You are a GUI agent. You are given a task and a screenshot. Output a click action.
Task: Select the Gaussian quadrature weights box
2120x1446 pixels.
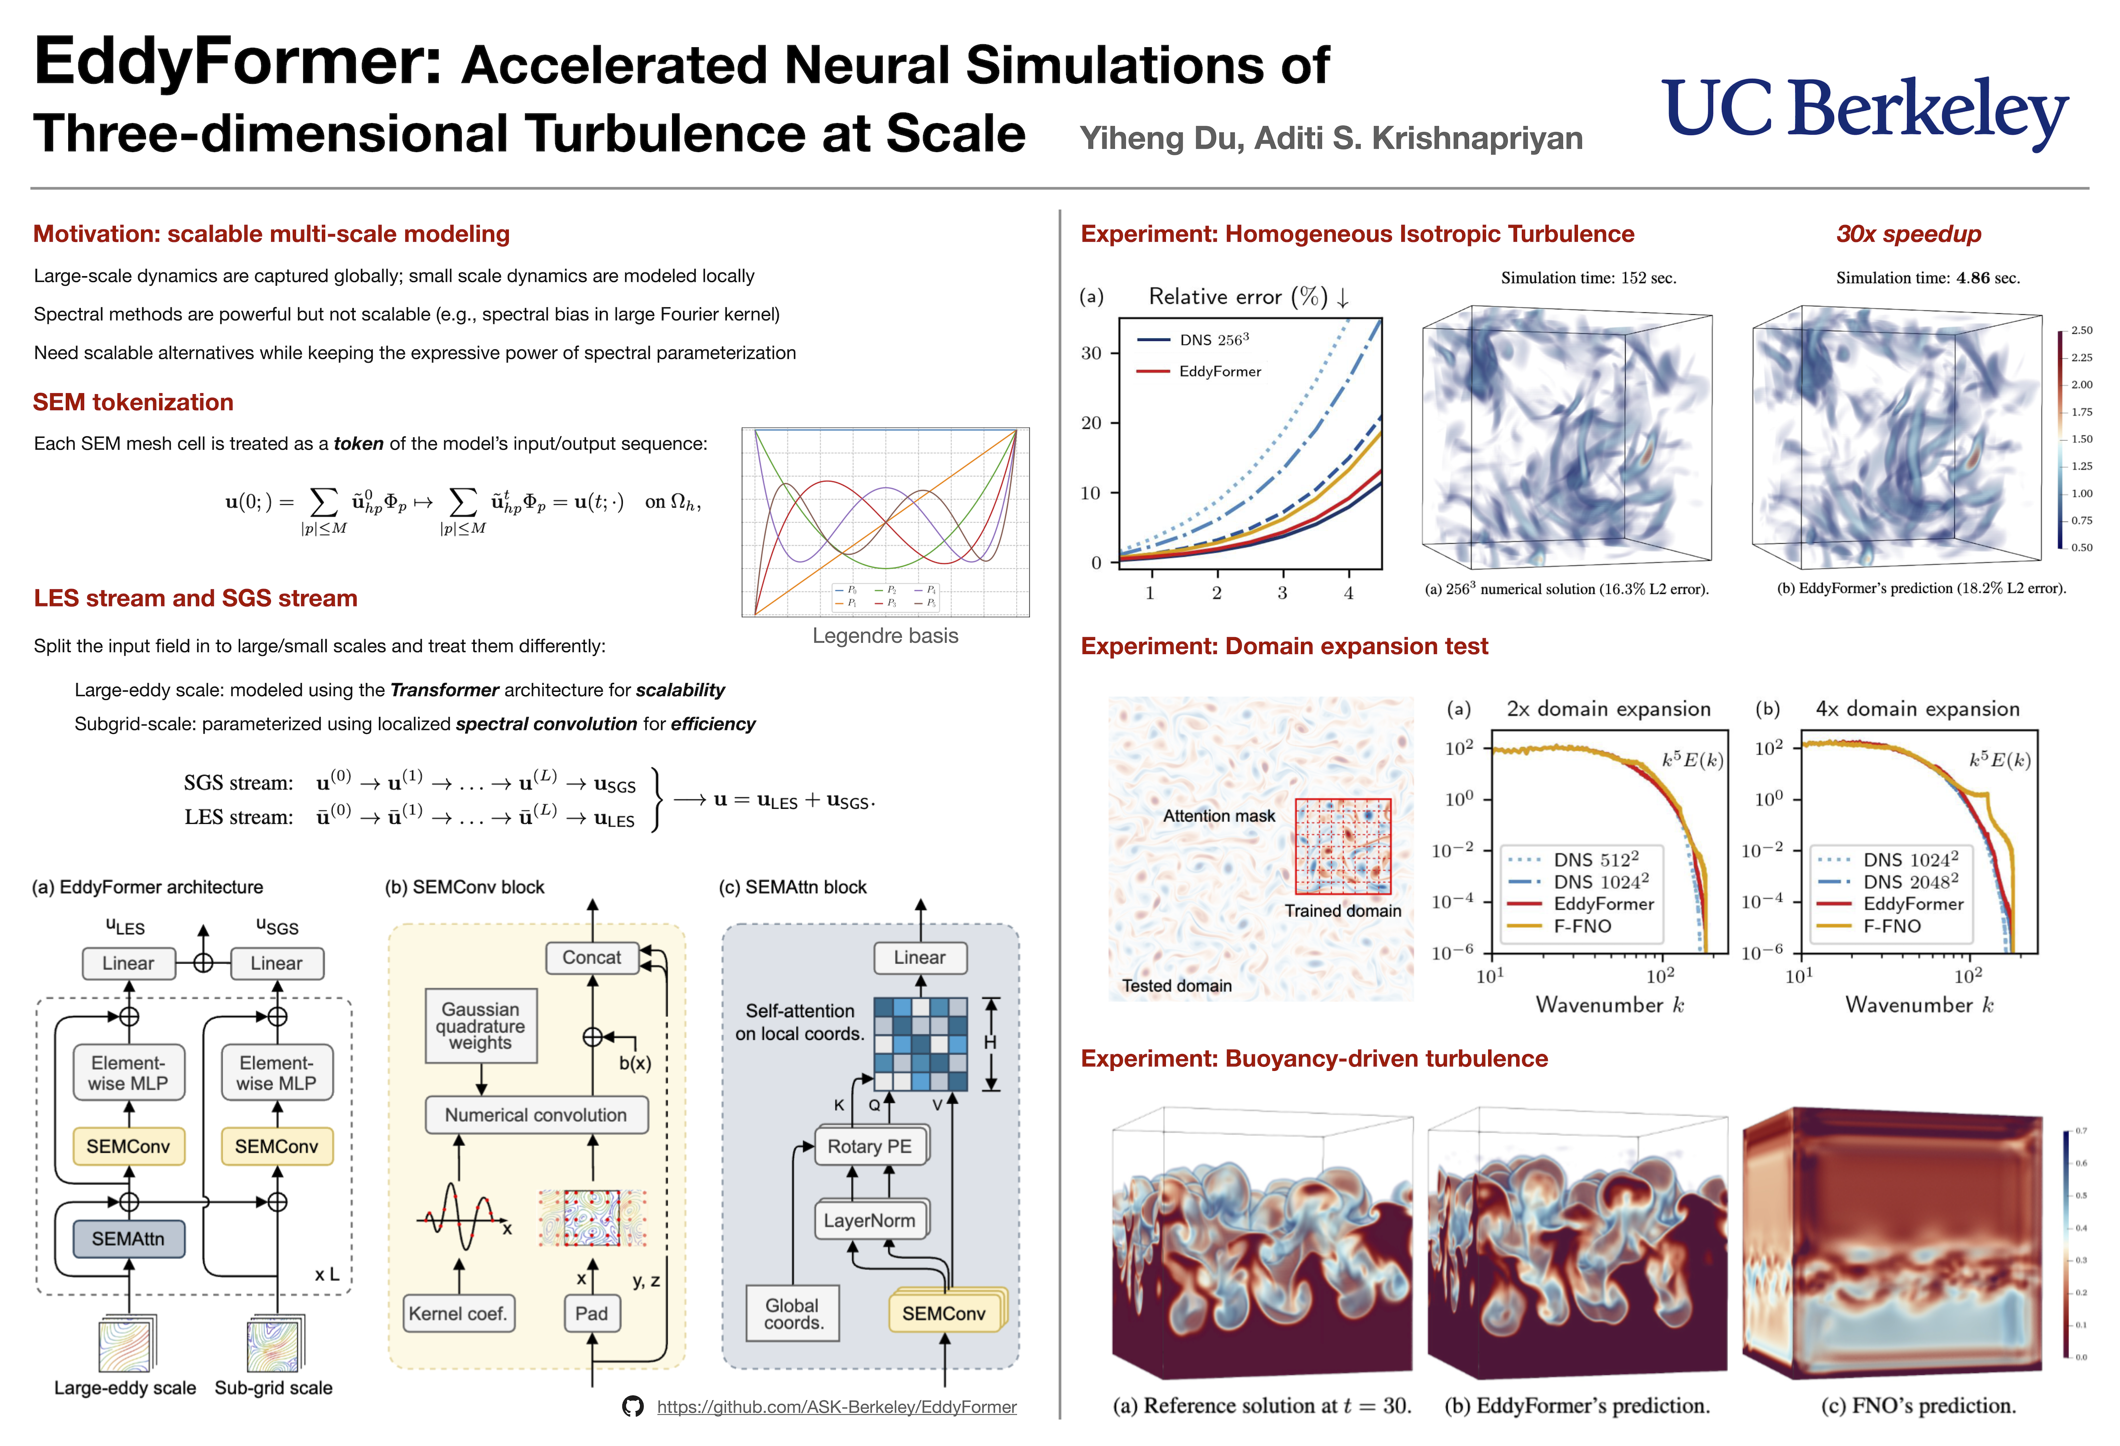[x=481, y=1025]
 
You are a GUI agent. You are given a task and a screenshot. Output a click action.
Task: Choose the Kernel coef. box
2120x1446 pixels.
[x=457, y=1313]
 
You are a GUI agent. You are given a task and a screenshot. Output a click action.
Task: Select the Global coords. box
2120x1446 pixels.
[x=792, y=1313]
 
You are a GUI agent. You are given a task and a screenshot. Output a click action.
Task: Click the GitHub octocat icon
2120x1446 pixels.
[x=632, y=1407]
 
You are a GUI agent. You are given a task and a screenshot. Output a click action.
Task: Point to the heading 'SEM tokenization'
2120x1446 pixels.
[x=133, y=402]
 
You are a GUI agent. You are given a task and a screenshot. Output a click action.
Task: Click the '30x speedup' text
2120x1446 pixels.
[x=1908, y=234]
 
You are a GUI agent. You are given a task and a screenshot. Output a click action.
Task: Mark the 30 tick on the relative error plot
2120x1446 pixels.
[x=1091, y=353]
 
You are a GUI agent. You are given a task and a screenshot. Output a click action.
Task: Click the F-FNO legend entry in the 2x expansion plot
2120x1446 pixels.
[x=1582, y=926]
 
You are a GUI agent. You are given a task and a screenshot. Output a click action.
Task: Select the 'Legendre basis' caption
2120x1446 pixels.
[x=885, y=636]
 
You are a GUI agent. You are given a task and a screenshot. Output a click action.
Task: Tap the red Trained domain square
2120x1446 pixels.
[x=1343, y=846]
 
